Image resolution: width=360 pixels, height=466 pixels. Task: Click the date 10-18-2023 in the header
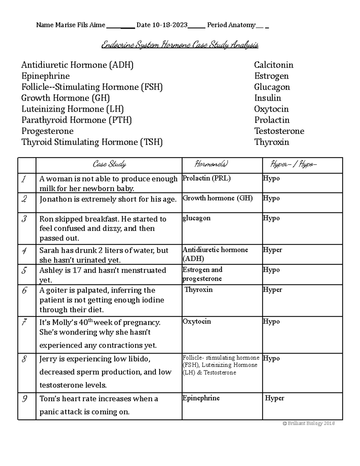pyautogui.click(x=170, y=25)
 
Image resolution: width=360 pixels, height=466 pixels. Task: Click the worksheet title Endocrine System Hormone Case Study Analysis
pyautogui.click(x=180, y=45)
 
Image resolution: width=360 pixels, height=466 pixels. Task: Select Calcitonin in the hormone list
pyautogui.click(x=274, y=65)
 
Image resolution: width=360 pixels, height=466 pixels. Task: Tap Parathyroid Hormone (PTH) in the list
pyautogui.click(x=76, y=120)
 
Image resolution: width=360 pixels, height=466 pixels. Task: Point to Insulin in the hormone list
pyautogui.click(x=268, y=98)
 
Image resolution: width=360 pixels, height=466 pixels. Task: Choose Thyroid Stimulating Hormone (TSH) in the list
pyautogui.click(x=92, y=142)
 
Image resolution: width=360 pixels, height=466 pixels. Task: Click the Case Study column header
pyautogui.click(x=109, y=164)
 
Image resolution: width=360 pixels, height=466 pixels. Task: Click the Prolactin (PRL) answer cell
pyautogui.click(x=207, y=178)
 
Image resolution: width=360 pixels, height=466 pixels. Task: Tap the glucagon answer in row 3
pyautogui.click(x=196, y=218)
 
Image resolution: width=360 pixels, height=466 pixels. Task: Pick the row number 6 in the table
pyautogui.click(x=25, y=290)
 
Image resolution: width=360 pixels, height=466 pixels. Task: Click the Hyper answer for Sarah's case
pyautogui.click(x=272, y=250)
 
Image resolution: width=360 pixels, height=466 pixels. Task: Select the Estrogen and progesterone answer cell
pyautogui.click(x=202, y=274)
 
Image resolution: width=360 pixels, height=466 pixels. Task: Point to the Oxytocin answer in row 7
pyautogui.click(x=197, y=321)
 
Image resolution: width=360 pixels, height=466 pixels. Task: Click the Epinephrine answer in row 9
pyautogui.click(x=201, y=398)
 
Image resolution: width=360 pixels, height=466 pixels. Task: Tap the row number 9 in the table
pyautogui.click(x=25, y=399)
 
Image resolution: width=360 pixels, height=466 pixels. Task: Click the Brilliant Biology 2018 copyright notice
pyautogui.click(x=309, y=423)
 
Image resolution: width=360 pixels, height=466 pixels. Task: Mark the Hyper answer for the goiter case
pyautogui.click(x=272, y=290)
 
